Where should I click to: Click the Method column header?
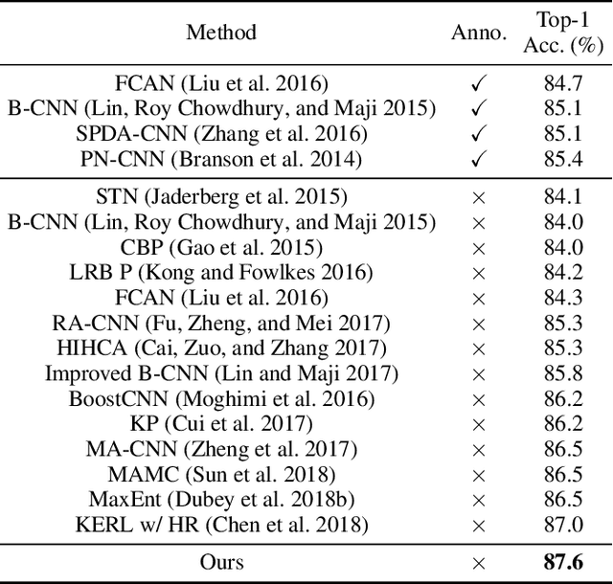click(x=221, y=32)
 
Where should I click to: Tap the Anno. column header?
click(x=479, y=32)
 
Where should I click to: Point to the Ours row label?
click(x=221, y=562)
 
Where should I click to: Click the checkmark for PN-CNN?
click(x=479, y=158)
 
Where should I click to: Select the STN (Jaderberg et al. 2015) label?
click(x=221, y=198)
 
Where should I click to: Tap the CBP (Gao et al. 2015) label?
click(x=221, y=248)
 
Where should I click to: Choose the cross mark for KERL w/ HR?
click(x=479, y=524)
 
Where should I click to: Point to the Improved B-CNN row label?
click(x=221, y=373)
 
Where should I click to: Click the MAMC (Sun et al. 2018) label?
click(x=221, y=474)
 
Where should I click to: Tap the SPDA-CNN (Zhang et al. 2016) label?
click(x=221, y=133)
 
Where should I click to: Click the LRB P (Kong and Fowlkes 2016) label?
click(x=221, y=273)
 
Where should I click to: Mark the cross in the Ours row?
click(x=479, y=562)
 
